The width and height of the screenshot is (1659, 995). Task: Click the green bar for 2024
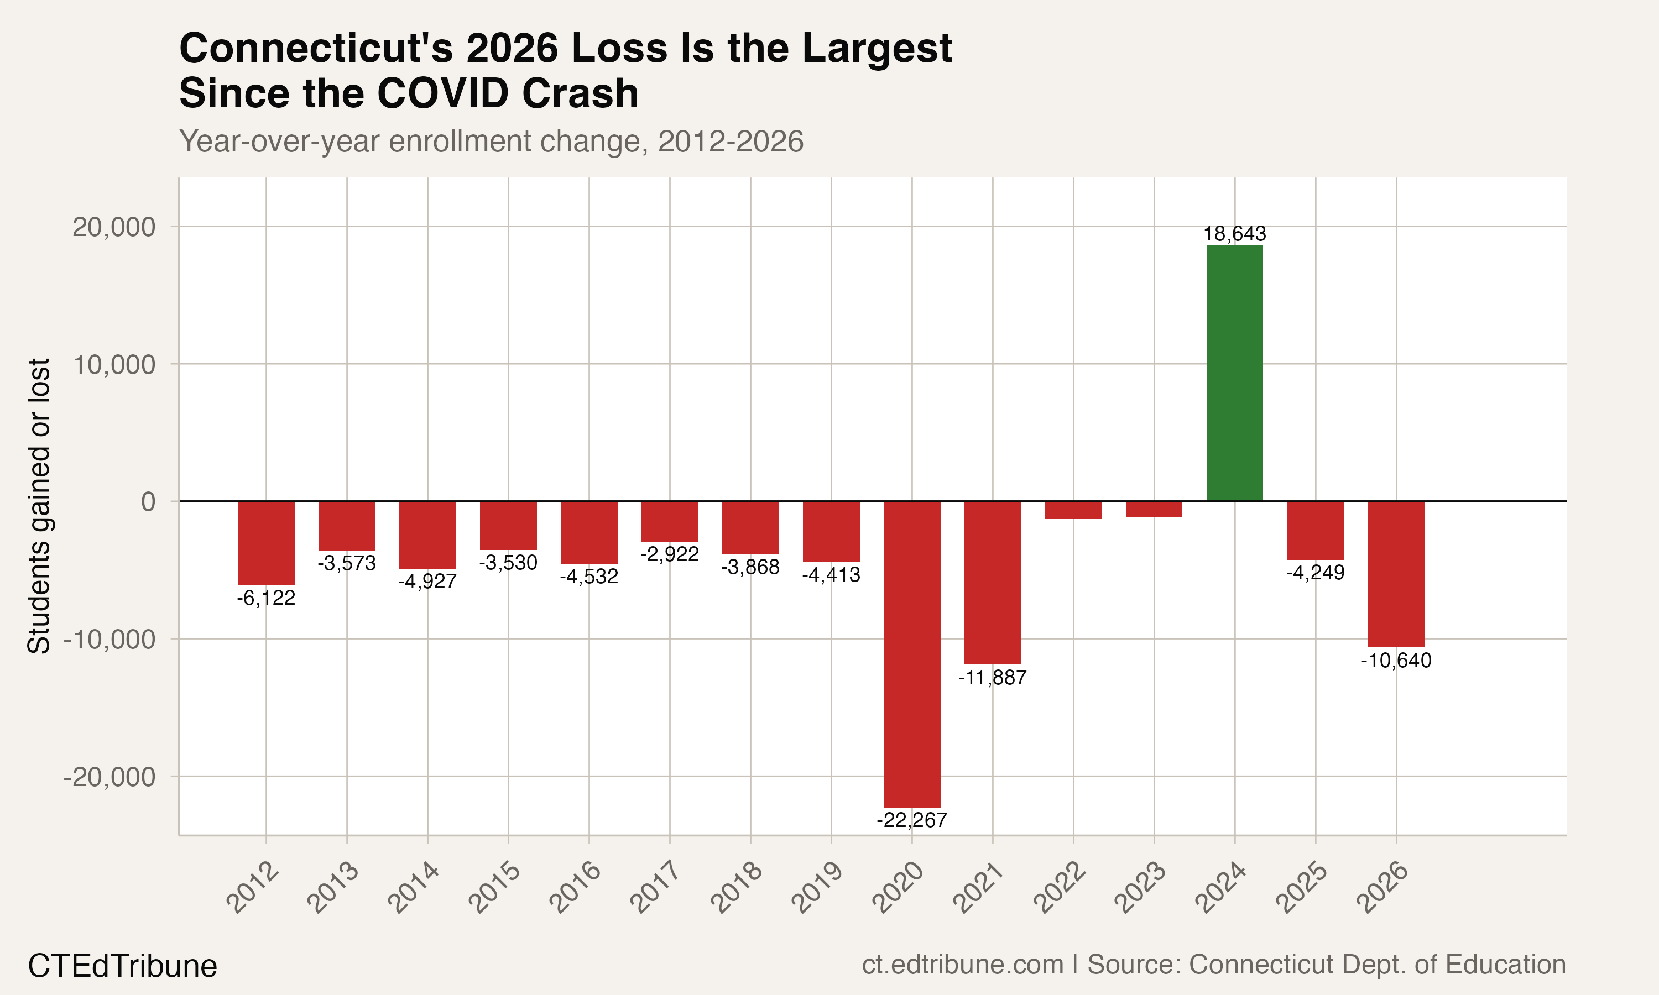coord(1234,373)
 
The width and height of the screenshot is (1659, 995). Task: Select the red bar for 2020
coord(911,654)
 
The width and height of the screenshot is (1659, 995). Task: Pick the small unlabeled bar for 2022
coord(1073,510)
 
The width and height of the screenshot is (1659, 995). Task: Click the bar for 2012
coord(266,543)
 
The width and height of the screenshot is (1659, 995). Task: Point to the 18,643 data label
coord(1234,234)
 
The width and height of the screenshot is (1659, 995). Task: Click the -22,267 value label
coord(911,820)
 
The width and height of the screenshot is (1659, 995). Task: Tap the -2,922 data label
coord(669,554)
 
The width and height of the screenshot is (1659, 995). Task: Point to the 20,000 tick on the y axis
coord(113,227)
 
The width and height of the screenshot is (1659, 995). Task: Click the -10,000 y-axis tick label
coord(109,640)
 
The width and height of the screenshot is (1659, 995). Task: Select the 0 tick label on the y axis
coord(148,501)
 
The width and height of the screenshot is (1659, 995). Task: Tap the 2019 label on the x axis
coord(817,888)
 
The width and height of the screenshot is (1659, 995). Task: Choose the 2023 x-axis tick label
coord(1140,888)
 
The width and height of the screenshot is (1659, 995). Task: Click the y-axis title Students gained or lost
coord(39,506)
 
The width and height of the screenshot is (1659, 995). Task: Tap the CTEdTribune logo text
coord(122,966)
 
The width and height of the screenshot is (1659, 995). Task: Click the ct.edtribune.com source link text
coord(962,964)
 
